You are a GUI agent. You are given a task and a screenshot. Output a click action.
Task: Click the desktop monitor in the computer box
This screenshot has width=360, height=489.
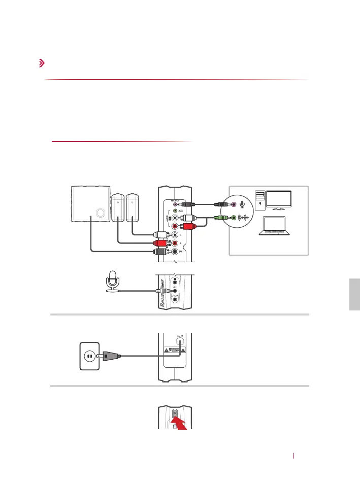tap(275, 200)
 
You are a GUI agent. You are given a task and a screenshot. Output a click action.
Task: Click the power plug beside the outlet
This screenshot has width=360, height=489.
tap(110, 356)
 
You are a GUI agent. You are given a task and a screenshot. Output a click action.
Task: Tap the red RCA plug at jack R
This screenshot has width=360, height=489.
tap(162, 243)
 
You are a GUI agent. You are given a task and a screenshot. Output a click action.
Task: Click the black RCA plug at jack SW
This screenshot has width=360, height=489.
tap(162, 252)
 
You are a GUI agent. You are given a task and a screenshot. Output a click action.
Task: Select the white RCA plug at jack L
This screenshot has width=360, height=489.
tap(162, 235)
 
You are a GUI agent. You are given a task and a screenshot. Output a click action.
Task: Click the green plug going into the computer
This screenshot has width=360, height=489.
tap(220, 218)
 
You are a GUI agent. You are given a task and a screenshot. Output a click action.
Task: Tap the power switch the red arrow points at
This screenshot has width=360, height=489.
tap(175, 413)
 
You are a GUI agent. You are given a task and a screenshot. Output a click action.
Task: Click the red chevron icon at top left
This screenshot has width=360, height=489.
tap(41, 63)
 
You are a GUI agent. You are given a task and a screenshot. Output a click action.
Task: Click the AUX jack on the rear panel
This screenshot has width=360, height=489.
tap(176, 210)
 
